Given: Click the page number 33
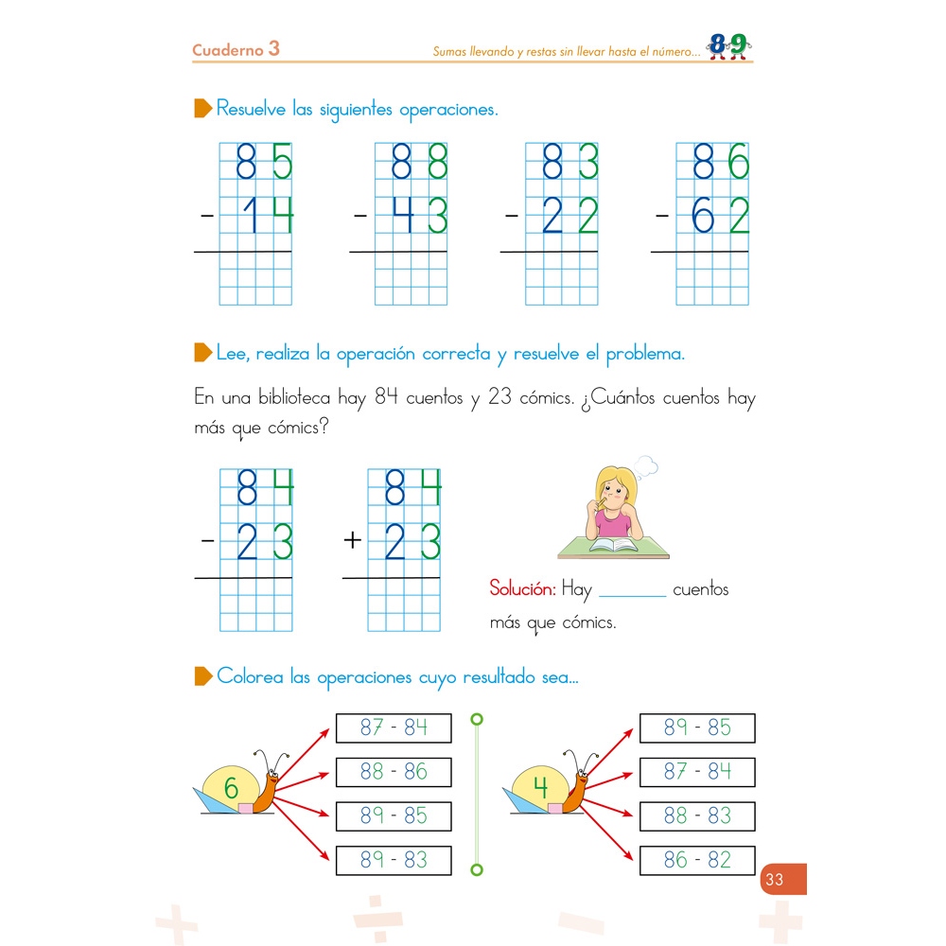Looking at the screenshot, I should pyautogui.click(x=775, y=880).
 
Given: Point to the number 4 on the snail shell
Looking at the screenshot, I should pyautogui.click(x=540, y=787).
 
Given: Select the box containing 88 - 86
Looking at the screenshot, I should pyautogui.click(x=394, y=772).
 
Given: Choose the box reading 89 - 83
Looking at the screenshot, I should pyautogui.click(x=394, y=860).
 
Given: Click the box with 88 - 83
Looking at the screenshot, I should pyautogui.click(x=697, y=815).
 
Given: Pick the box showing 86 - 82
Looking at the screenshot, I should pyautogui.click(x=697, y=860).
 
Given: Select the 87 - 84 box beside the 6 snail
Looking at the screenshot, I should pyautogui.click(x=394, y=727).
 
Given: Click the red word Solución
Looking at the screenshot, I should pyautogui.click(x=522, y=589).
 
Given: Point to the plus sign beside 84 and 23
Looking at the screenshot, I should pyautogui.click(x=353, y=541).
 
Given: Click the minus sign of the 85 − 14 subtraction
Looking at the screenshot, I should pyautogui.click(x=207, y=217).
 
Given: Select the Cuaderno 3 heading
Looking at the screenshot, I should pyautogui.click(x=236, y=49).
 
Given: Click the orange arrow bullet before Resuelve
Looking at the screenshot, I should pyautogui.click(x=202, y=109).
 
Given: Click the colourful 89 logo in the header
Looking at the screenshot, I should pyautogui.click(x=727, y=45).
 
